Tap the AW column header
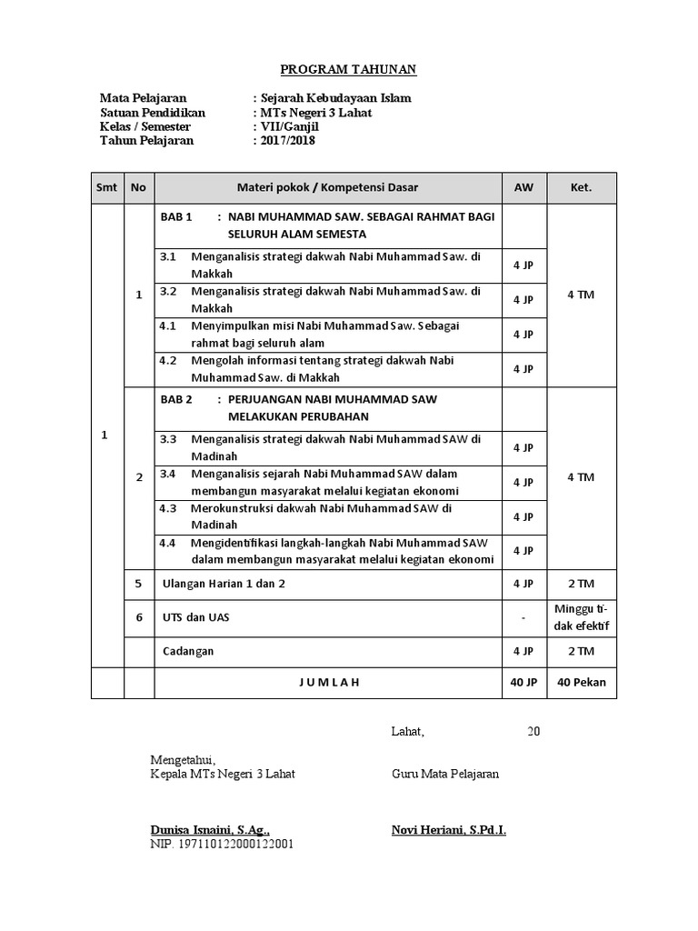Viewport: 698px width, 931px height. pos(523,188)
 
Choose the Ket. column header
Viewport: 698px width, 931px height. pos(581,188)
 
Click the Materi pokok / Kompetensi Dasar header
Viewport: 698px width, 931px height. pos(327,188)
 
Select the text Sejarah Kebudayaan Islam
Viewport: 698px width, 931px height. pos(335,98)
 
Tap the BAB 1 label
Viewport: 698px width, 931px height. pos(176,217)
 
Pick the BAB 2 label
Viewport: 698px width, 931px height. pos(176,399)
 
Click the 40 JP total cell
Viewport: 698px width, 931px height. pos(523,683)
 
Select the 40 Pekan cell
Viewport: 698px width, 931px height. pos(581,683)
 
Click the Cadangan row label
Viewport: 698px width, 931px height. pos(188,651)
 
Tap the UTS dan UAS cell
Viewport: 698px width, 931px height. pos(194,617)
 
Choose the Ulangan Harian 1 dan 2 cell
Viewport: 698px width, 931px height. pos(223,584)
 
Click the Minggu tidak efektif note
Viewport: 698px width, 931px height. pos(581,617)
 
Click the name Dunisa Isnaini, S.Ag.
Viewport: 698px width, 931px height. pos(210,830)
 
